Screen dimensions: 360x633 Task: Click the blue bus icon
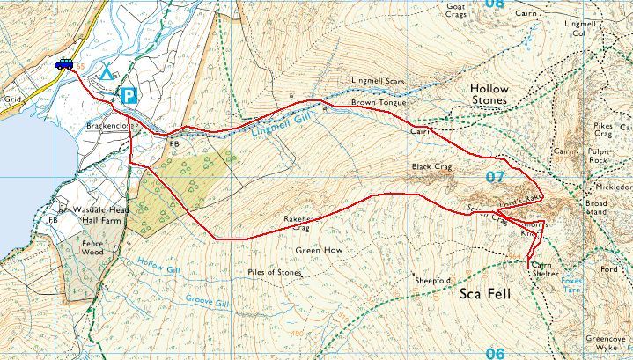coord(63,64)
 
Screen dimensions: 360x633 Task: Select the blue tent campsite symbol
coord(107,72)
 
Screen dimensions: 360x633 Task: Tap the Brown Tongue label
coord(379,103)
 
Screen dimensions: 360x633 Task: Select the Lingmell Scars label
coord(377,81)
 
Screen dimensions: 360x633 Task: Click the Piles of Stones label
coord(275,273)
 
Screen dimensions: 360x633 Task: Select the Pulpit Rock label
coord(599,155)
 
